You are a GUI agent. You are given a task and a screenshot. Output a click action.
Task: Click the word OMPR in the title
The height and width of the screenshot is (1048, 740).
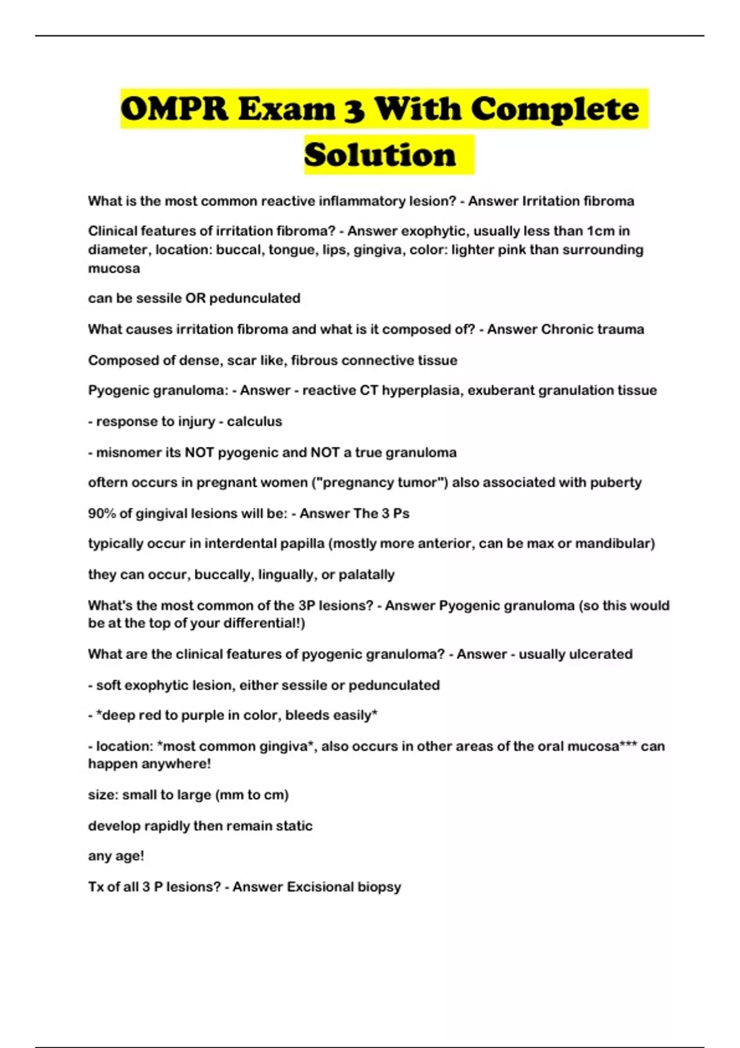pos(175,109)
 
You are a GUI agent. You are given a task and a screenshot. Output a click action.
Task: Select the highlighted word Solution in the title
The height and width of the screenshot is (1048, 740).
pos(380,155)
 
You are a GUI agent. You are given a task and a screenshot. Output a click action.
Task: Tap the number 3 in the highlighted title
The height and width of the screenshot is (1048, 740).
pos(353,110)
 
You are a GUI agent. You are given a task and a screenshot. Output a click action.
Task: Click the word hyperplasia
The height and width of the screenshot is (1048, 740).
pos(425,390)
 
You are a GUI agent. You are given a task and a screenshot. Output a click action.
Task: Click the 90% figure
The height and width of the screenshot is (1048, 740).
pos(102,514)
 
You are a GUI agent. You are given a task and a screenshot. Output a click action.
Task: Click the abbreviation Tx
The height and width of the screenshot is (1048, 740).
pos(97,887)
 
